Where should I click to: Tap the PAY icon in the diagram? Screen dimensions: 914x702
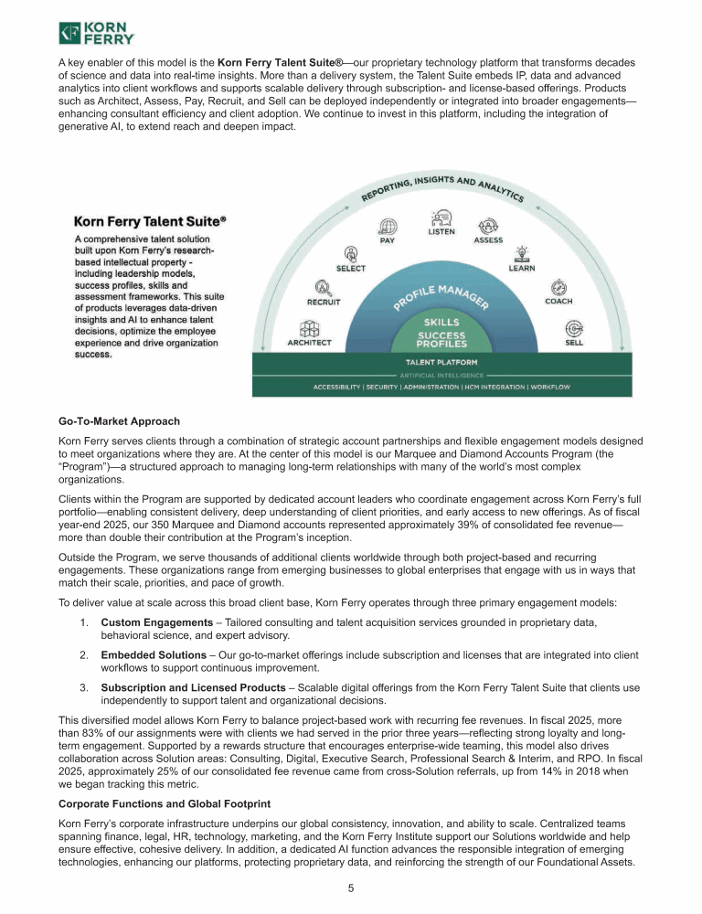388,226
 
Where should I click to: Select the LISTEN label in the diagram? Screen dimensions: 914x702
442,232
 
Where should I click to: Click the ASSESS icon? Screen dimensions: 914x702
488,225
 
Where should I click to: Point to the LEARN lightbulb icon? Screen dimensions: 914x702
522,253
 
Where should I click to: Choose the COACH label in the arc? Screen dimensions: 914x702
558,301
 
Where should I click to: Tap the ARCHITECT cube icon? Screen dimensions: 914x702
310,329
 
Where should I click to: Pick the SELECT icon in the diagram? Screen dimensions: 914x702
352,253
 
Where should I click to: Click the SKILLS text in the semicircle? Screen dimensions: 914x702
442,323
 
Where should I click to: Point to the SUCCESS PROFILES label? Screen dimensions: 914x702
442,339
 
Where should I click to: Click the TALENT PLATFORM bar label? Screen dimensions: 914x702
441,363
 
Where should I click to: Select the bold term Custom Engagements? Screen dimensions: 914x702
156,622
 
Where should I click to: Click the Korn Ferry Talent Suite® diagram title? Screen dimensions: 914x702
150,221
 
